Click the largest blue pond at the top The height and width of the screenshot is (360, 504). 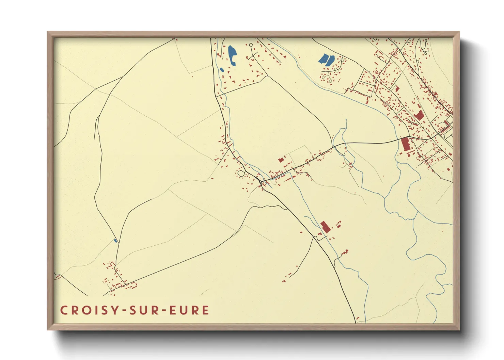pos(232,55)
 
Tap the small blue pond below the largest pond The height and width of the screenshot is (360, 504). pos(222,70)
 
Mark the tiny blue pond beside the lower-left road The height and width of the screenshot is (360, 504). pos(115,241)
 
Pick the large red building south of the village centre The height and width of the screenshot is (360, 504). pos(325,227)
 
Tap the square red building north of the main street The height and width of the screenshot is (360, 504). pos(281,159)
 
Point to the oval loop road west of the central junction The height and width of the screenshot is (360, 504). pos(241,174)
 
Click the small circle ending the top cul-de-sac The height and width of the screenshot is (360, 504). pos(251,45)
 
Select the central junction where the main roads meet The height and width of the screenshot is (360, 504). pos(261,183)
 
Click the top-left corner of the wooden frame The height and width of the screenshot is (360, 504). pos(48,32)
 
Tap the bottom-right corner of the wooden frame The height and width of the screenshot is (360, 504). pos(459,329)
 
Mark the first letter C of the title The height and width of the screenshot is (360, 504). pos(63,310)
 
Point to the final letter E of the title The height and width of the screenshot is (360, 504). pos(205,310)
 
